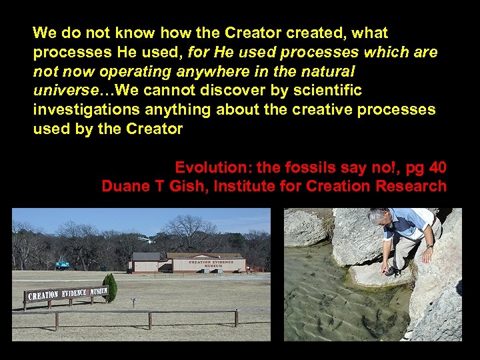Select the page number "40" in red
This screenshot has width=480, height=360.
(x=437, y=167)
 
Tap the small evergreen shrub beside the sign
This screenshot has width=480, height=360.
(x=111, y=287)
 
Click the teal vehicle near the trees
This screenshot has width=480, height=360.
(x=62, y=265)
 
